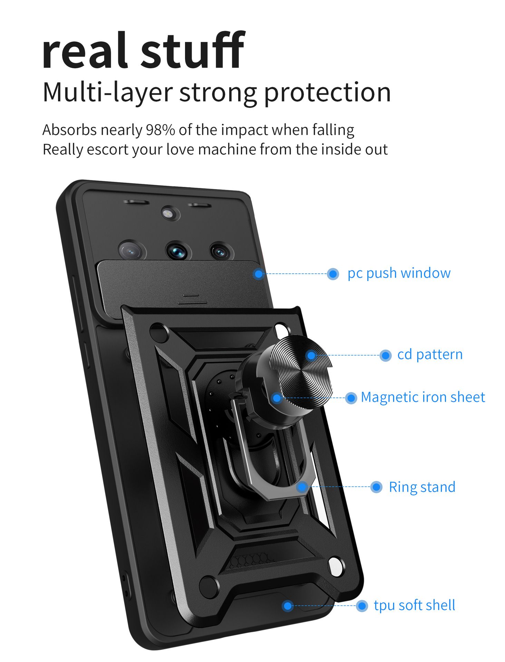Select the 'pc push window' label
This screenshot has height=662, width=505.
[399, 273]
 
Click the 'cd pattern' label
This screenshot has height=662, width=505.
[430, 354]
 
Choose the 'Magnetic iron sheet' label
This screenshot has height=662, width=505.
[423, 397]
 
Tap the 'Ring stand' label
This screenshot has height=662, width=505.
[422, 487]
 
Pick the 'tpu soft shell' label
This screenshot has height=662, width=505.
[414, 605]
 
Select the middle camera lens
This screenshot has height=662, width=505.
[178, 251]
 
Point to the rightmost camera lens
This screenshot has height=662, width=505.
[221, 252]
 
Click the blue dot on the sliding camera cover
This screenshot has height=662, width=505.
[259, 274]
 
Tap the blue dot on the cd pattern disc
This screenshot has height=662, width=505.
[311, 355]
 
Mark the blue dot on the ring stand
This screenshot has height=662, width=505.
[302, 487]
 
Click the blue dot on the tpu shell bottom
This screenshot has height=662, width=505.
[287, 606]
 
